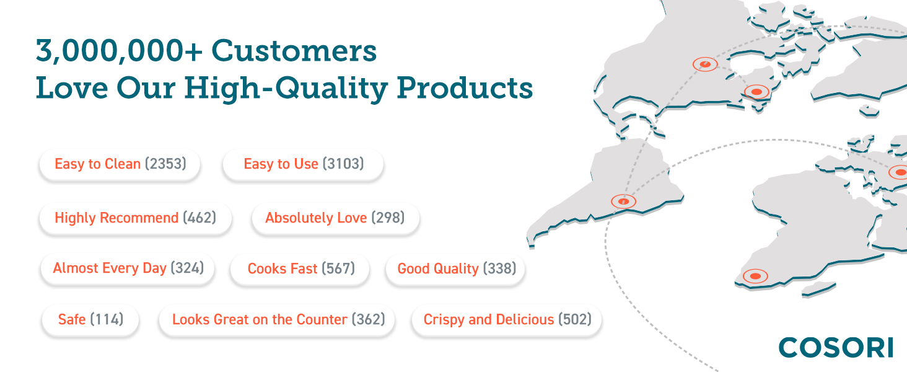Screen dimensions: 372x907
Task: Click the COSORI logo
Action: pyautogui.click(x=836, y=348)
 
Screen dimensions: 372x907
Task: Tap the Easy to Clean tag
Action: pyautogui.click(x=120, y=164)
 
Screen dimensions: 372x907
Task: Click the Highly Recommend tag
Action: pyautogui.click(x=135, y=218)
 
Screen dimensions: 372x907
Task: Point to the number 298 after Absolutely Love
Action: pyautogui.click(x=388, y=218)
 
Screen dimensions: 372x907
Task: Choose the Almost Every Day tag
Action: pyautogui.click(x=128, y=268)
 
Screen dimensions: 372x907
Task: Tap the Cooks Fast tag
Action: pyautogui.click(x=300, y=268)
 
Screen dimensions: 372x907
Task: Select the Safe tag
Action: pyautogui.click(x=90, y=319)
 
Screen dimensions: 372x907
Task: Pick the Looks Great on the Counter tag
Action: pyautogui.click(x=278, y=319)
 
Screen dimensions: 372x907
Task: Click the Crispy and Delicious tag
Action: pyautogui.click(x=507, y=319)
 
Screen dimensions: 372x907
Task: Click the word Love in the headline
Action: pyautogui.click(x=66, y=89)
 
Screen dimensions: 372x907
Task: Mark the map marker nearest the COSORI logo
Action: pyautogui.click(x=755, y=276)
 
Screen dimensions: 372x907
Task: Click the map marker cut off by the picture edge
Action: pyautogui.click(x=900, y=172)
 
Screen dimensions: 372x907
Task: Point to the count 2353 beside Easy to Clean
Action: pyautogui.click(x=165, y=164)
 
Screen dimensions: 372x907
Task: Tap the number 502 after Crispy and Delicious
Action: pyautogui.click(x=575, y=319)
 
